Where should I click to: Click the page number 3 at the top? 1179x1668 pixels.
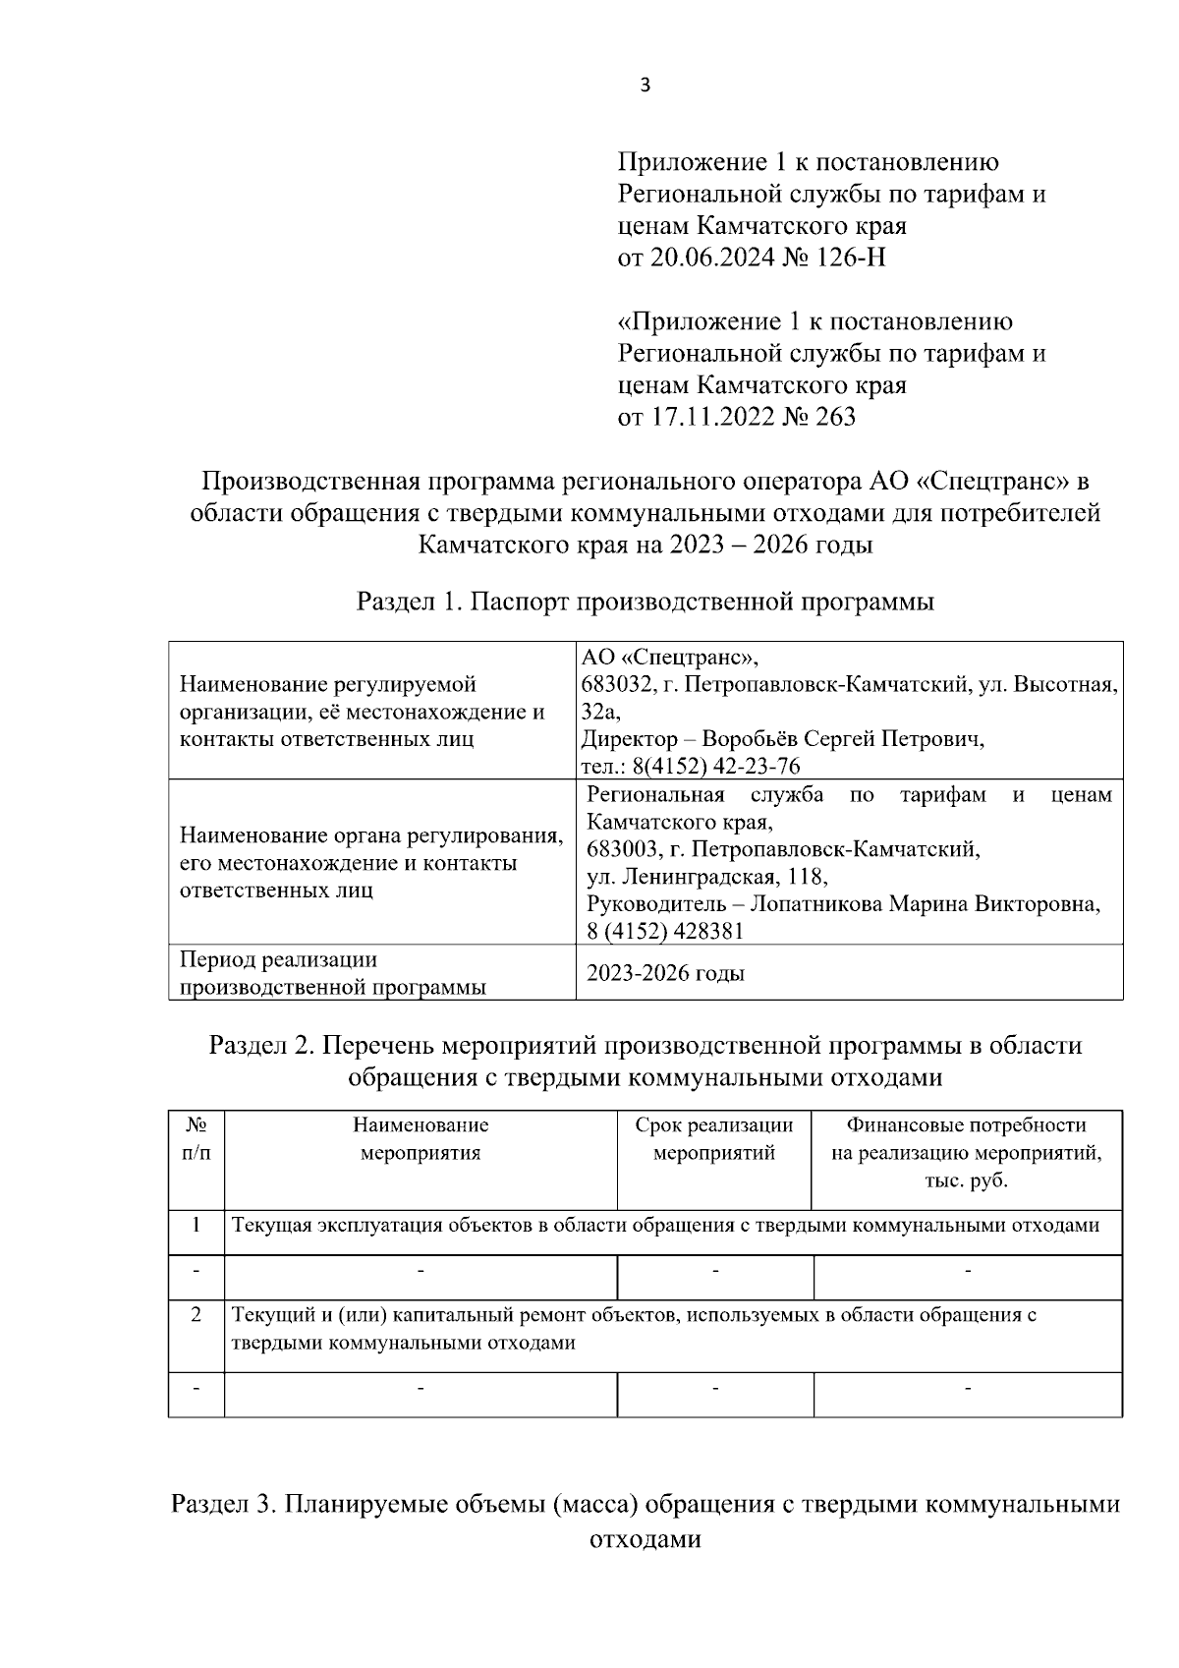645,86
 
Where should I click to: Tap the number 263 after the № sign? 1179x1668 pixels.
835,417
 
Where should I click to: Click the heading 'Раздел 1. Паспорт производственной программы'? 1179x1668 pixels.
645,602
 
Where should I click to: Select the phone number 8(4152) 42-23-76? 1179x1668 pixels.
716,766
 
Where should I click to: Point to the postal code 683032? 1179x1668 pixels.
615,684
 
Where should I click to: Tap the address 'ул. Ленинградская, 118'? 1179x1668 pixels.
706,876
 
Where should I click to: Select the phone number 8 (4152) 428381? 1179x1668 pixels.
665,931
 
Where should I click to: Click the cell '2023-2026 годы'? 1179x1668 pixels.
665,973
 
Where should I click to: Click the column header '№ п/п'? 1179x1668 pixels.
196,1138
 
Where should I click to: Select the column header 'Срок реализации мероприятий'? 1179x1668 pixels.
714,1138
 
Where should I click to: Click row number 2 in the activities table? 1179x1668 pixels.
196,1314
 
